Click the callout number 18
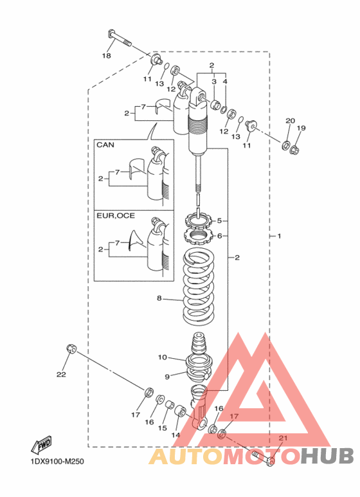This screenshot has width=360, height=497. click(107, 56)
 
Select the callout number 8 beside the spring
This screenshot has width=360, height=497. click(159, 298)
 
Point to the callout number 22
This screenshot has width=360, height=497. click(61, 374)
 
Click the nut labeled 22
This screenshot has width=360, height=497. click(71, 349)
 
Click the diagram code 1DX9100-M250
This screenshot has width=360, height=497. click(57, 461)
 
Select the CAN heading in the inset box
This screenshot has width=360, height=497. click(105, 145)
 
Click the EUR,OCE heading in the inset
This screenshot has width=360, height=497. click(116, 216)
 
